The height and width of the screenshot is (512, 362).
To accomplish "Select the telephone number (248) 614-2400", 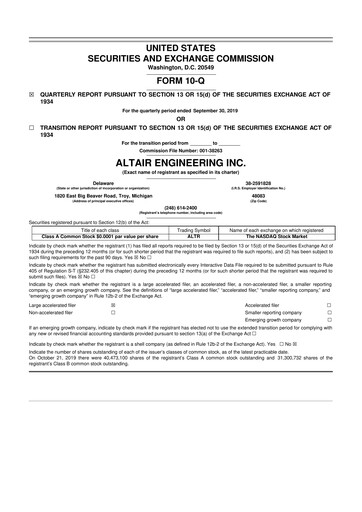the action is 181,212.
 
